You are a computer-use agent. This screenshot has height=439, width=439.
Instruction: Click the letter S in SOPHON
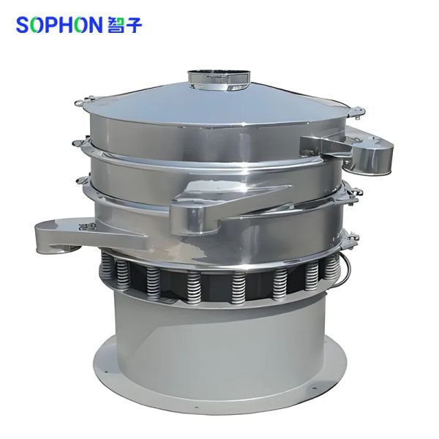click(x=23, y=25)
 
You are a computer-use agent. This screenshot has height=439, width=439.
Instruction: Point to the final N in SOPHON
click(x=94, y=25)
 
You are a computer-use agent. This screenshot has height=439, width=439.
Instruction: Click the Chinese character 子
click(x=133, y=25)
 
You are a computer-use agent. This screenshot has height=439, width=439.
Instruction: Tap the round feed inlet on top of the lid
click(x=219, y=80)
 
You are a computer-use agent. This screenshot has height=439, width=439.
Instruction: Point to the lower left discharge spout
click(x=84, y=234)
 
